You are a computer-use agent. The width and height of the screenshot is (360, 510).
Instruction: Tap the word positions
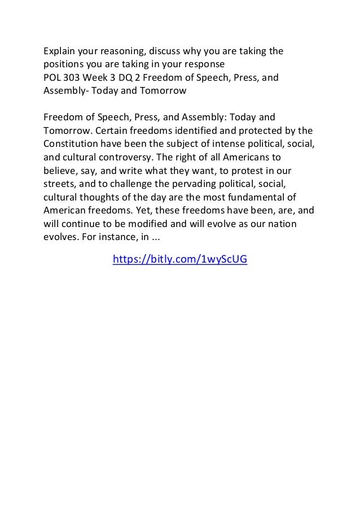[x=64, y=65]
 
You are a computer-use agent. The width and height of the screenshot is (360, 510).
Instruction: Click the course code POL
[x=52, y=78]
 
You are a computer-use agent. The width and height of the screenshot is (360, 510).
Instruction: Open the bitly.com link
[x=181, y=259]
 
